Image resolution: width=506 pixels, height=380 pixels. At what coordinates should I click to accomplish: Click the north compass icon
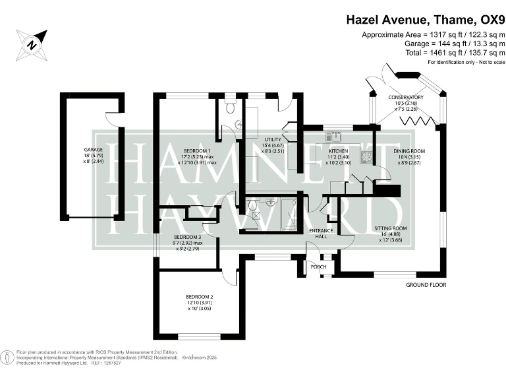[32, 44]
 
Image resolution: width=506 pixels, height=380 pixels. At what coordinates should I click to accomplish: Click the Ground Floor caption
[426, 285]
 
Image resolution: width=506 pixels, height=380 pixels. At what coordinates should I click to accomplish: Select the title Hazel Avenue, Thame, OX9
[426, 20]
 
